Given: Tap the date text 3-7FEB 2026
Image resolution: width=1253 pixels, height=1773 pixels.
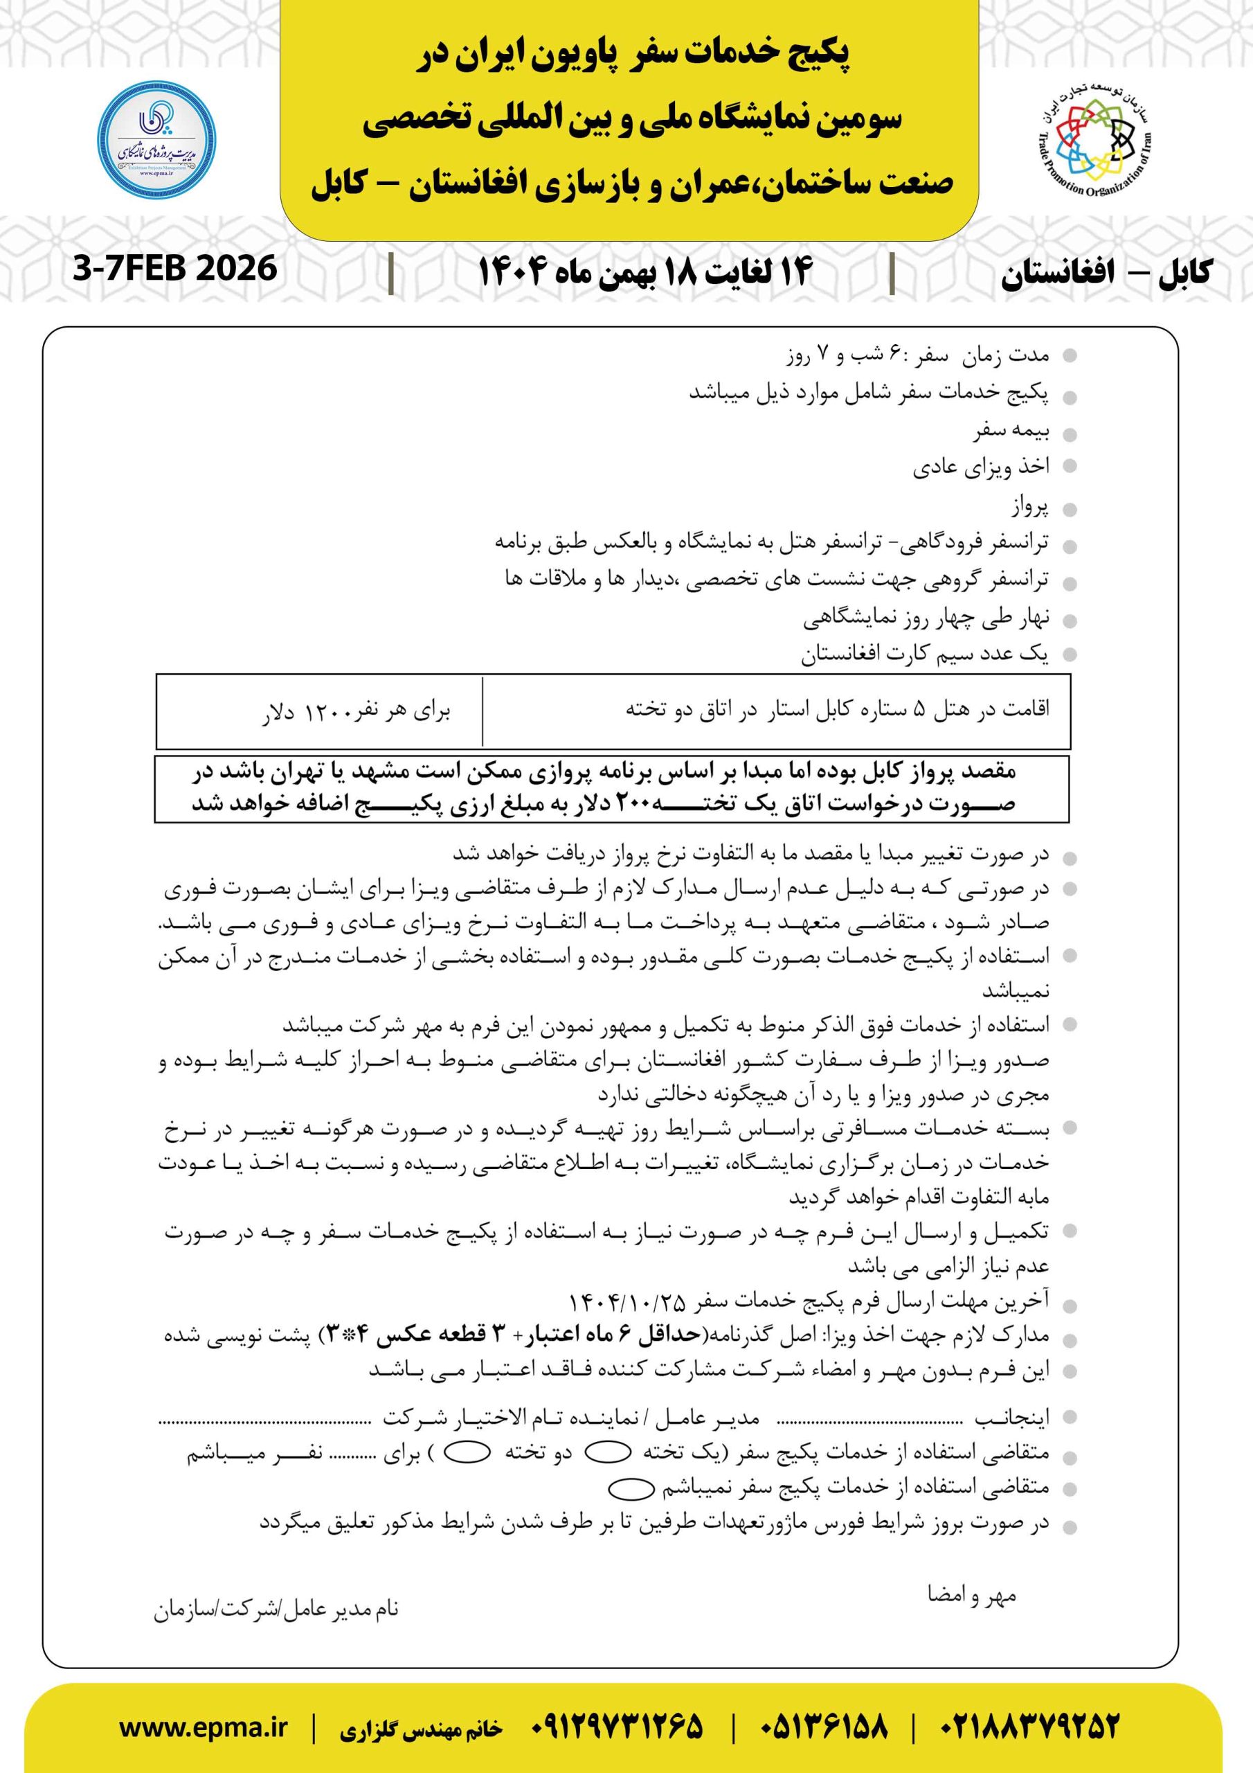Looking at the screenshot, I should (175, 269).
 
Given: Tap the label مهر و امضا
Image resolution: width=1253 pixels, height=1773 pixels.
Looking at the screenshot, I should (971, 1596).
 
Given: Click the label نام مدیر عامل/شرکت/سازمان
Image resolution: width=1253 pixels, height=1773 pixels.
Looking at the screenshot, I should (276, 1610).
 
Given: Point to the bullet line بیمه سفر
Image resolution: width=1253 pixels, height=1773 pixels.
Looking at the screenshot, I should (1011, 431).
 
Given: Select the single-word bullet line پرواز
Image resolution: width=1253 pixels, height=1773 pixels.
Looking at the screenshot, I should (1030, 508).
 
